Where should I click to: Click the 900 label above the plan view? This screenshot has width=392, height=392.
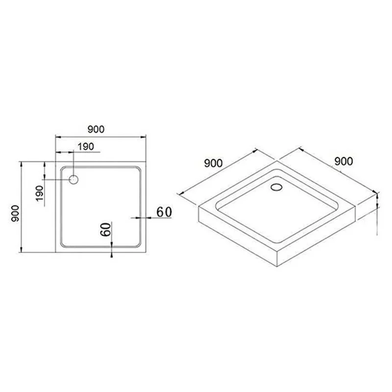pyautogui.click(x=96, y=129)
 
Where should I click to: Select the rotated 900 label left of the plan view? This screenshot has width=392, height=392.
pyautogui.click(x=14, y=212)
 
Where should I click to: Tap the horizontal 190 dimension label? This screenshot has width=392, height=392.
pyautogui.click(x=85, y=146)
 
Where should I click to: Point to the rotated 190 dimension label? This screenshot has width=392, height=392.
pyautogui.click(x=40, y=192)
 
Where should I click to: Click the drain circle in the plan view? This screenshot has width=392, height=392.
pyautogui.click(x=74, y=179)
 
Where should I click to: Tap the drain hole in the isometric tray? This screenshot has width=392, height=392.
pyautogui.click(x=276, y=186)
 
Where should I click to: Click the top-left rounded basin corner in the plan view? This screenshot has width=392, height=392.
pyautogui.click(x=63, y=169)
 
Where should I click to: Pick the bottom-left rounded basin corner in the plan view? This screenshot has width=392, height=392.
pyautogui.click(x=63, y=243)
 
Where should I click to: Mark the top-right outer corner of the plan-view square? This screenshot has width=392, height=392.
pyautogui.click(x=147, y=160)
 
